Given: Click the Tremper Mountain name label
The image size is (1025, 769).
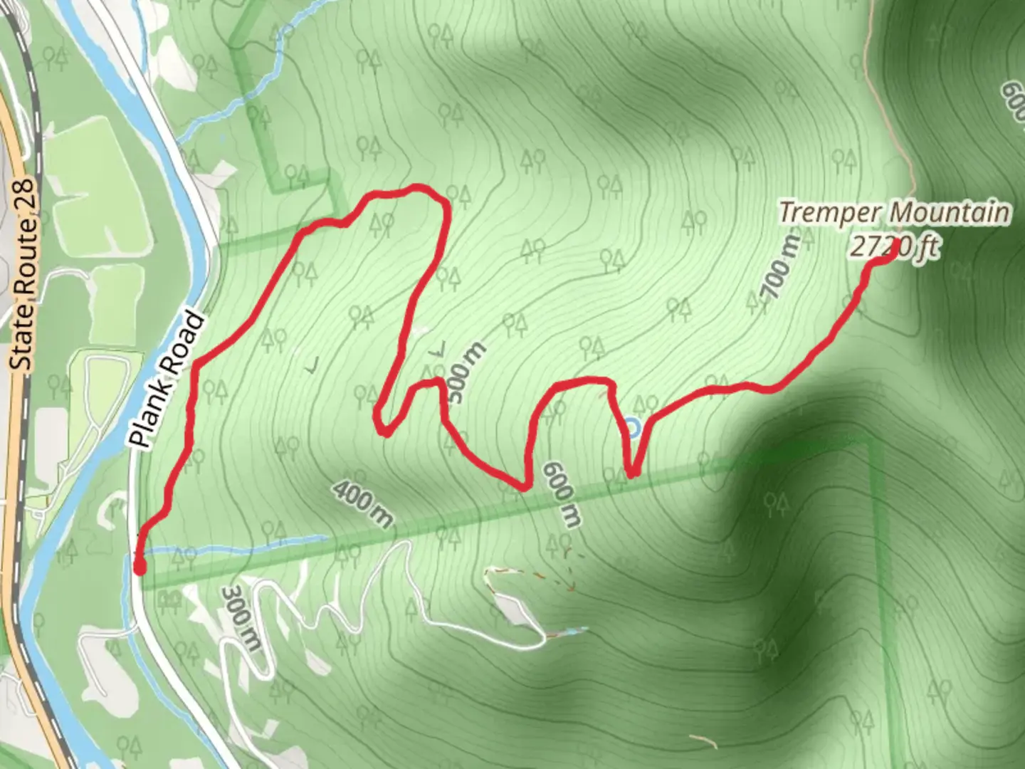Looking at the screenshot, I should [893, 212].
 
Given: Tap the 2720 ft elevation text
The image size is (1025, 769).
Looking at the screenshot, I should [895, 247].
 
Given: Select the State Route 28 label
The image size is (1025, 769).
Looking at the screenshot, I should [24, 274].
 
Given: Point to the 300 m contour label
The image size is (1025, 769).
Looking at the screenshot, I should [240, 617].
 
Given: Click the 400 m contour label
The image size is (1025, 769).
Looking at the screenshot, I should [362, 505].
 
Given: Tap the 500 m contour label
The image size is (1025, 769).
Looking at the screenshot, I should [467, 372].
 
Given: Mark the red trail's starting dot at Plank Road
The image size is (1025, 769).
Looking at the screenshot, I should [140, 567].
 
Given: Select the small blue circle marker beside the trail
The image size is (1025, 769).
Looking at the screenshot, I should [632, 428].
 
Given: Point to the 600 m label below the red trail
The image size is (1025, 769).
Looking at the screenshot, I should [561, 493].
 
